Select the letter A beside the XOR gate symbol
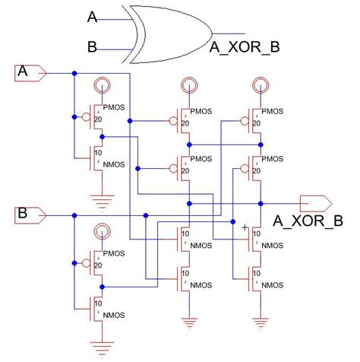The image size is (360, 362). (92, 15)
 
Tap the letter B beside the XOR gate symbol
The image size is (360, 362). (92, 47)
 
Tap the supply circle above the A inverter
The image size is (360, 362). (100, 85)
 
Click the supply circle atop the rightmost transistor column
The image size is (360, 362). (260, 85)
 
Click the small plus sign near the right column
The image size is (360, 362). (244, 227)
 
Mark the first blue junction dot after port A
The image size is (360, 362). (74, 74)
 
